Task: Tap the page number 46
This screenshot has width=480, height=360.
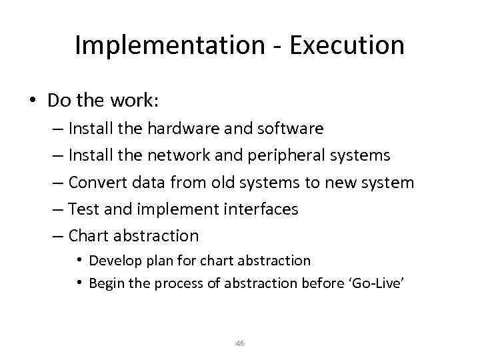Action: pos(240,343)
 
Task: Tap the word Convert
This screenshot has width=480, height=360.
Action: pos(95,182)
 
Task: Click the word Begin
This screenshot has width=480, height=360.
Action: pos(106,283)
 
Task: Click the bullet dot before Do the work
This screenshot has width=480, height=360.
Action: pos(32,100)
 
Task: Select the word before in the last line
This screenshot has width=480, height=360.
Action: pos(320,283)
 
